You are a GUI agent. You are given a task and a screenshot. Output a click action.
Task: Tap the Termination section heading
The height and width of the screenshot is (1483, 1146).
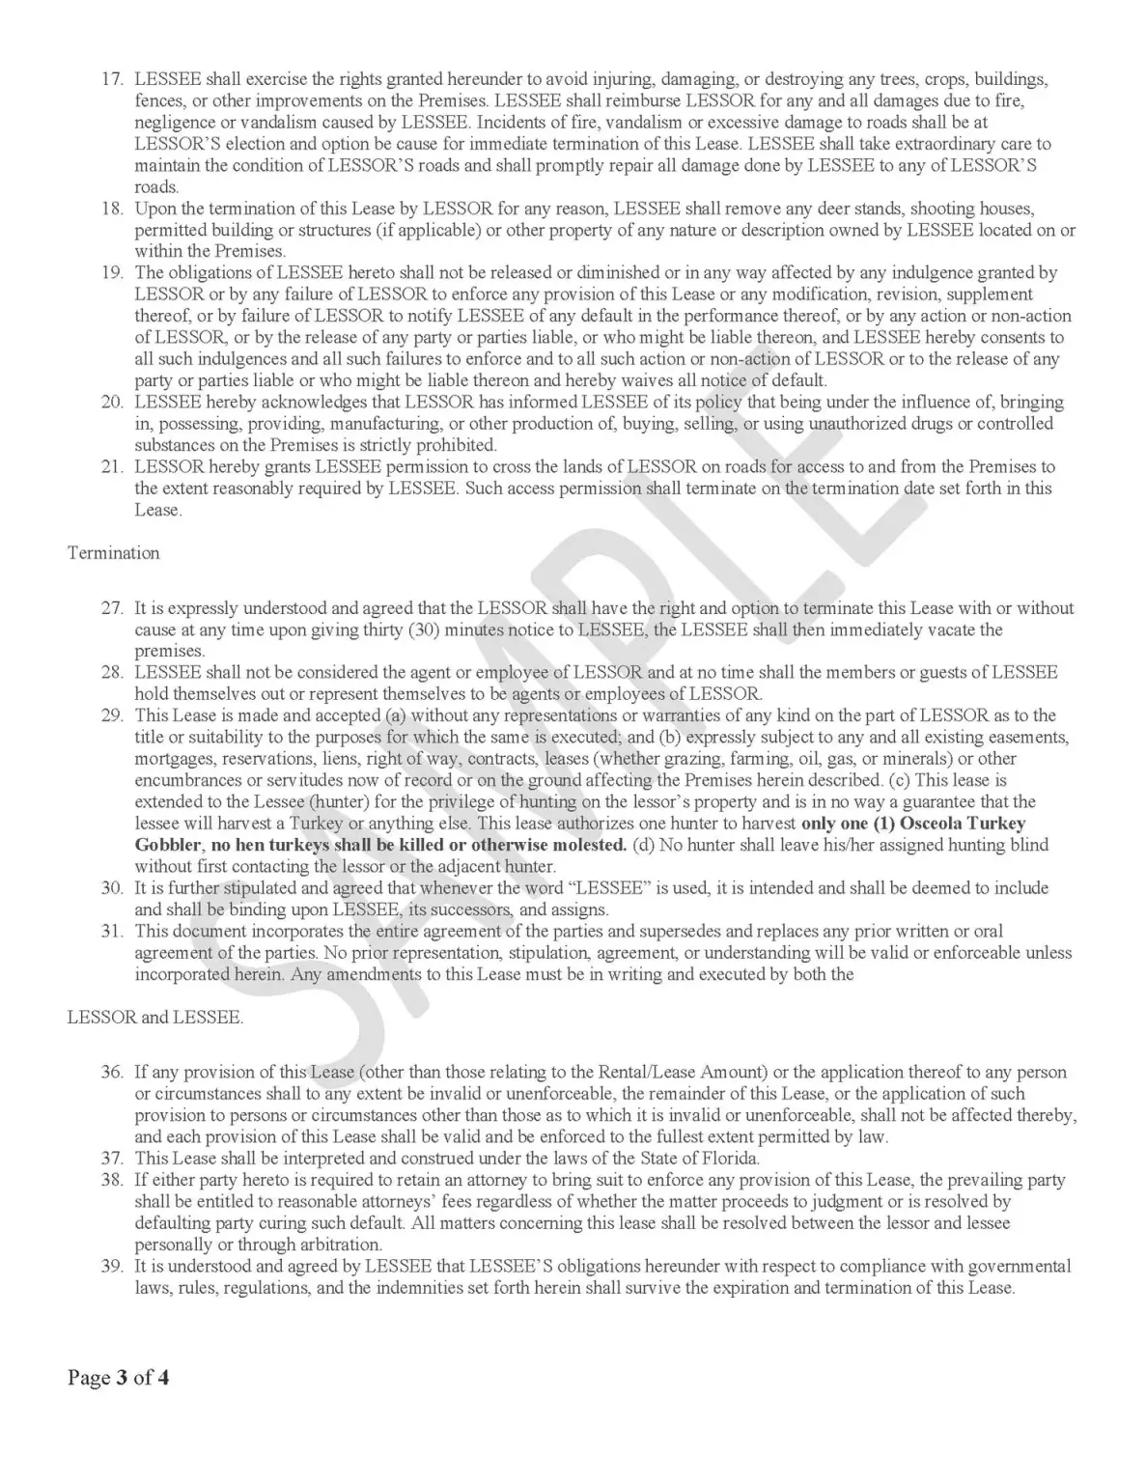click(x=113, y=553)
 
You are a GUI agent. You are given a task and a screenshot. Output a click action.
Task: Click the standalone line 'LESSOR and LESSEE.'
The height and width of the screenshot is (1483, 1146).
click(x=155, y=1019)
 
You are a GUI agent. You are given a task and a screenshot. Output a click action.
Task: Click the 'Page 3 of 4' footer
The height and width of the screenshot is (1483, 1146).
click(x=119, y=1377)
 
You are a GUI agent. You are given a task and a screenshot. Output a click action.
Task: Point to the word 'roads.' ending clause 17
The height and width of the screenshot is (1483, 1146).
click(x=156, y=187)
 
